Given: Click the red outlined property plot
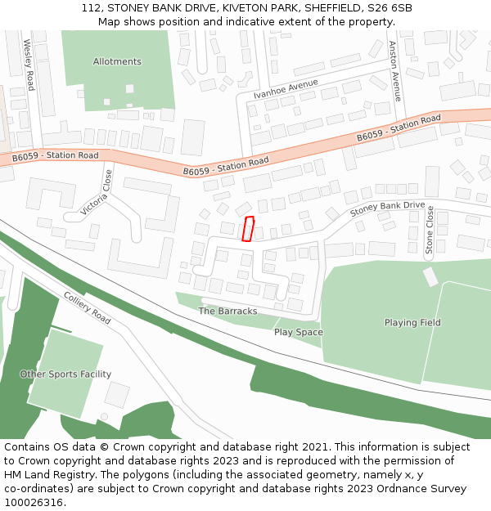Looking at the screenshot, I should (x=249, y=229).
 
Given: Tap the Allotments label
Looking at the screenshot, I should (x=117, y=61).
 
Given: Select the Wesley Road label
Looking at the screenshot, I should (x=29, y=65).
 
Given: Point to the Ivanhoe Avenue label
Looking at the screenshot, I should (x=286, y=88).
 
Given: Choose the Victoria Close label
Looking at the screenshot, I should (x=97, y=193).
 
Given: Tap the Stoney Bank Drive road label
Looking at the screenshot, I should (x=387, y=209).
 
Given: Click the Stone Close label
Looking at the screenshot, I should (x=430, y=230).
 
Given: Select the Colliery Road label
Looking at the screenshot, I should (x=87, y=307).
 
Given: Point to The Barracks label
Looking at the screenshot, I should (x=228, y=312).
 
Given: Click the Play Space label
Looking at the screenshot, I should (x=298, y=333).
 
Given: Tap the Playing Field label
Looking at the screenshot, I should (x=412, y=323).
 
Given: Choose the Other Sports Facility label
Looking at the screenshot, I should (x=65, y=374).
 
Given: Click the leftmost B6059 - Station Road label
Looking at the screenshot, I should (x=55, y=155).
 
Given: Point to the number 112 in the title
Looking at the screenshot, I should (x=92, y=8).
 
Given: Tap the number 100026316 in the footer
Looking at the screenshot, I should (x=33, y=502).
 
